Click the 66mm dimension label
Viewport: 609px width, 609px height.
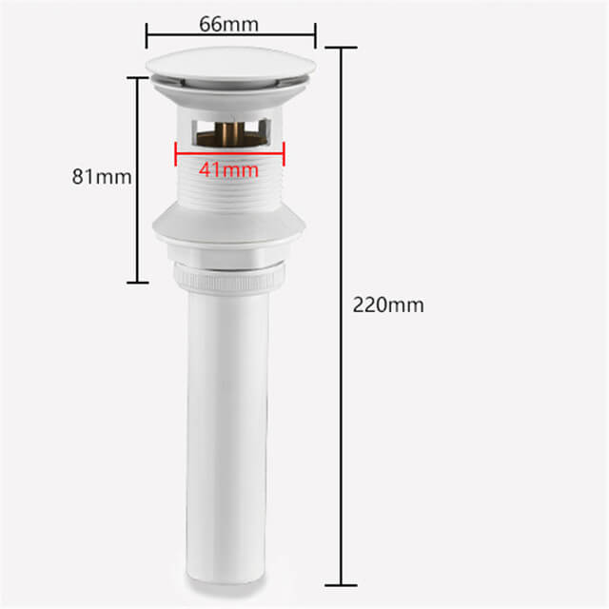[x=228, y=24]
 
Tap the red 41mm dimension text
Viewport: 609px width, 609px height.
[x=228, y=170]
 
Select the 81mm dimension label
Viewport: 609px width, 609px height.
[x=102, y=177]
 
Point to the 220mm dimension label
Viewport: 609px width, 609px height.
[x=388, y=304]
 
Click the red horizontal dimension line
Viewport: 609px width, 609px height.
[x=230, y=154]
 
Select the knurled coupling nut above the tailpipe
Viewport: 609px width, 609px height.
[x=229, y=278]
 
